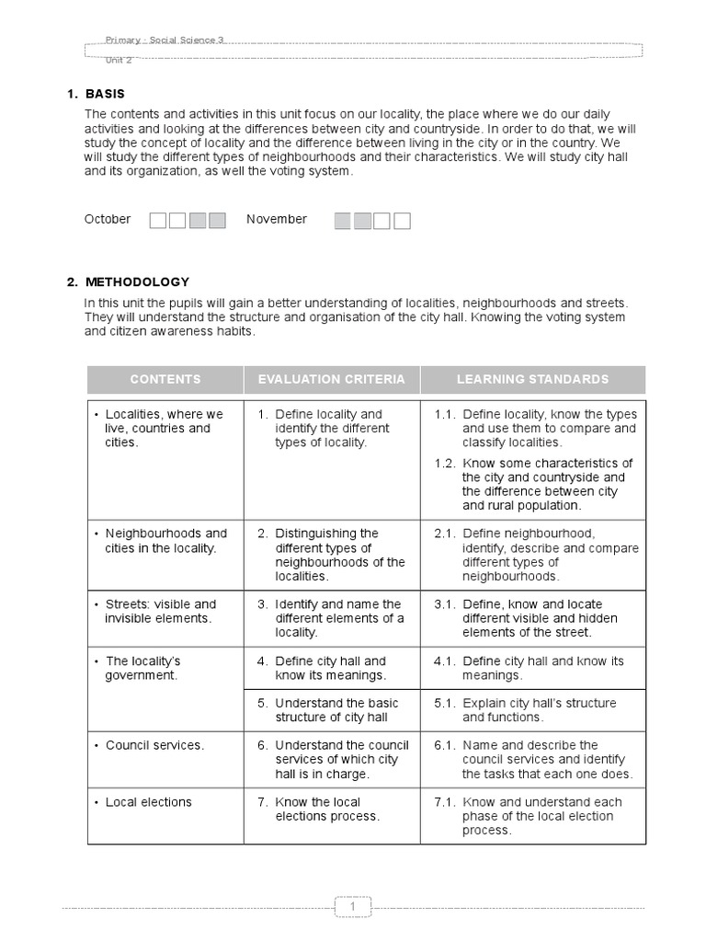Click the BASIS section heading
point(105,94)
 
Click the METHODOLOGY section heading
point(137,281)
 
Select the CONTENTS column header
point(165,379)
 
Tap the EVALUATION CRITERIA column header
point(331,379)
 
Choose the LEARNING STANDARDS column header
point(532,379)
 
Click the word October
point(108,219)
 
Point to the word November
point(277,219)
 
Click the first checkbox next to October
point(158,220)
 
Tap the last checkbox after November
point(402,220)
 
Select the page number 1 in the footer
point(353,907)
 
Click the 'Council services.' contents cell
point(154,745)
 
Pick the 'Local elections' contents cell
point(148,802)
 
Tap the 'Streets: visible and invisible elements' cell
point(160,611)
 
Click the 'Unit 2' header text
point(119,59)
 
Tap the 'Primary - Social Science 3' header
point(165,40)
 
